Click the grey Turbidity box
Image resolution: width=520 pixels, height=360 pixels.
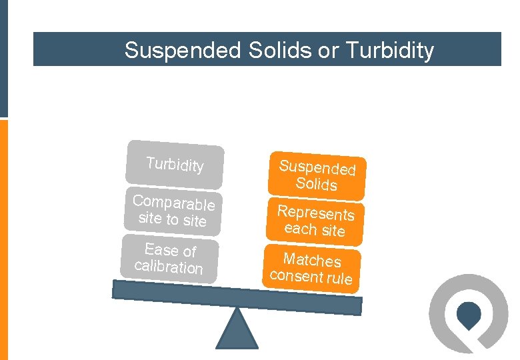pyautogui.click(x=175, y=163)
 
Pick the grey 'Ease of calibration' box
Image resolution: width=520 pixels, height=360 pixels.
pyautogui.click(x=169, y=259)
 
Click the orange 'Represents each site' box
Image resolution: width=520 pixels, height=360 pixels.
pyautogui.click(x=315, y=221)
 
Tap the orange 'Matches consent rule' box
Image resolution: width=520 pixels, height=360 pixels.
pyautogui.click(x=311, y=268)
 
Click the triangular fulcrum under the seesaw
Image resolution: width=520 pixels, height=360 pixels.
pyautogui.click(x=237, y=330)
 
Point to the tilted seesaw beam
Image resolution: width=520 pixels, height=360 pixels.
pyautogui.click(x=237, y=297)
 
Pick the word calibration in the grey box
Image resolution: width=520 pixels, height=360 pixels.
pyautogui.click(x=168, y=267)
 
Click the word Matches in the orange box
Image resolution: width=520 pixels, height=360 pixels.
pyautogui.click(x=312, y=260)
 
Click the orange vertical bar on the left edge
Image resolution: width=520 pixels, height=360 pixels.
pyautogui.click(x=3, y=240)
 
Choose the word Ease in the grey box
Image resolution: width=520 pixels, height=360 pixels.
pyautogui.click(x=161, y=249)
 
